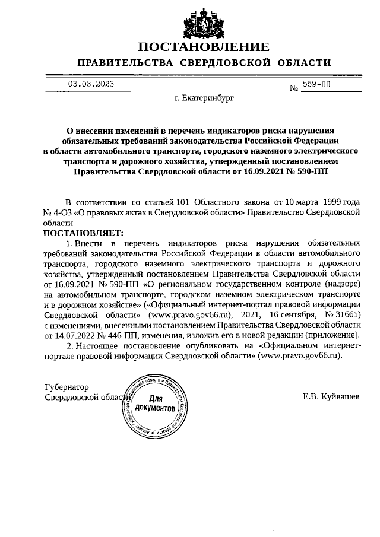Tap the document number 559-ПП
[x=316, y=85]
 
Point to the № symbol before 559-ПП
[x=293, y=88]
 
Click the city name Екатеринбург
[x=204, y=99]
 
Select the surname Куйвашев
[x=331, y=396]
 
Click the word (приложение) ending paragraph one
[x=335, y=335]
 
